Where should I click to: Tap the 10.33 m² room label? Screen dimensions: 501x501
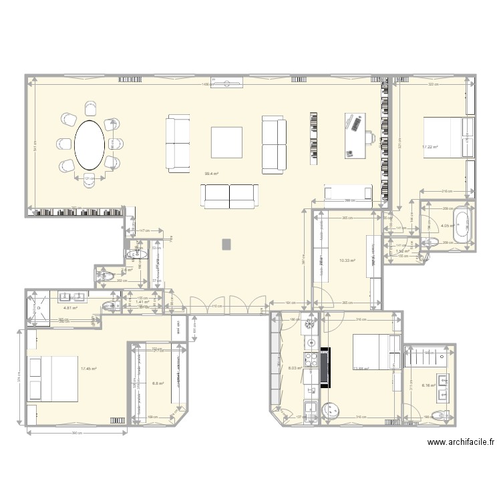pos(347,261)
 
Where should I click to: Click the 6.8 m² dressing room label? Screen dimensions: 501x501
pos(158,383)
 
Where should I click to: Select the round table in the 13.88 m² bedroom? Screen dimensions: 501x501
pos(333,409)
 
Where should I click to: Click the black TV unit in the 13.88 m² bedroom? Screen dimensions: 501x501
pos(325,367)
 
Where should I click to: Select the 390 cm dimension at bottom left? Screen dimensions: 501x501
pos(77,433)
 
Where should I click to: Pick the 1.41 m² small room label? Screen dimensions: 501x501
pos(142,302)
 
